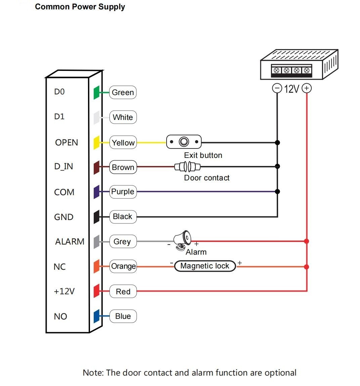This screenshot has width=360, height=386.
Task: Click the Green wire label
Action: (x=123, y=92)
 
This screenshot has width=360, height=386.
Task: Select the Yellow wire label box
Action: (x=123, y=142)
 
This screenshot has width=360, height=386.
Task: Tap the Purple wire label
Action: (x=123, y=192)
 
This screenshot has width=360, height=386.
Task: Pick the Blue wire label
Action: (x=123, y=316)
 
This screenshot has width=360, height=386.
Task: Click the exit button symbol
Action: (x=184, y=142)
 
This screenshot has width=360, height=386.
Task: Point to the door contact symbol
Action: (x=187, y=167)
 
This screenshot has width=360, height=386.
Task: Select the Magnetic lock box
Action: (x=205, y=266)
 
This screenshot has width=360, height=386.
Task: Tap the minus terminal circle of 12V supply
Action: (x=277, y=88)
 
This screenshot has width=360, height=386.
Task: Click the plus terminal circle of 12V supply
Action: (x=307, y=88)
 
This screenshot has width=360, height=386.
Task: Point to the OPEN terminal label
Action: (x=66, y=142)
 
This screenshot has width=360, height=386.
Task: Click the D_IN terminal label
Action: (x=63, y=167)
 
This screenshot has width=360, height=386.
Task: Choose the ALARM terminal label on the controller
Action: (x=70, y=242)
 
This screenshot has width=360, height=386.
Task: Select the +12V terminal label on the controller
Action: (x=64, y=291)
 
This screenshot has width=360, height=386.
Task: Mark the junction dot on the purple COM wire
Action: (x=277, y=191)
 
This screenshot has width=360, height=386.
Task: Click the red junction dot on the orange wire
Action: (x=307, y=267)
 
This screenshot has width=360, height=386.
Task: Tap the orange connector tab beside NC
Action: (x=97, y=266)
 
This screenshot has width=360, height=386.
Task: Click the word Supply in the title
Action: (x=111, y=7)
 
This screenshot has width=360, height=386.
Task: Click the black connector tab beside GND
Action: (x=97, y=217)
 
